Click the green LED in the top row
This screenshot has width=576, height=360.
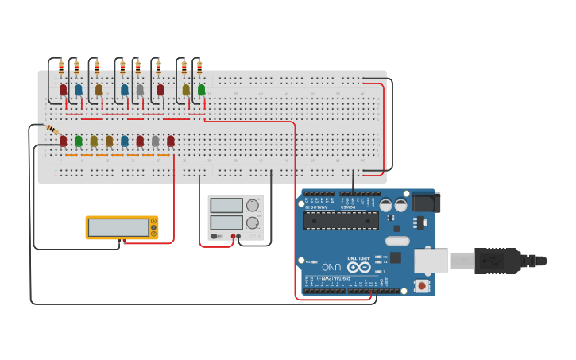[202, 90]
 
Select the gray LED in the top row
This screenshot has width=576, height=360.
[140, 90]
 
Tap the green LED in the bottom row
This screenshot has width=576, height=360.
[78, 141]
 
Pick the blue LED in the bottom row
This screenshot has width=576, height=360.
[125, 141]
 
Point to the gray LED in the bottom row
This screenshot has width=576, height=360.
[155, 141]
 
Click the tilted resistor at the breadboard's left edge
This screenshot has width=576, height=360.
[52, 130]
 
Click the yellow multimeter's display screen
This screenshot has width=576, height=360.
[118, 227]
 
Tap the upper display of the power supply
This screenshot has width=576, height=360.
[226, 205]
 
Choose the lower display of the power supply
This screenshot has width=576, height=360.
[226, 223]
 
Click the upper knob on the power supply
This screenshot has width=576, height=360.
[253, 205]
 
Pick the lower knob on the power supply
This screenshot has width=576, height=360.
[253, 223]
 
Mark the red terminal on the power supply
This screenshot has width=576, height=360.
[234, 236]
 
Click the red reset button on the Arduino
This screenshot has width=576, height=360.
[421, 285]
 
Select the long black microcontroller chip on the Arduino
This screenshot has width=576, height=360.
[341, 221]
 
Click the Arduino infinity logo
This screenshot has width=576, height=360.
[358, 267]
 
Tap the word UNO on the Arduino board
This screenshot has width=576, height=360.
[331, 266]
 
